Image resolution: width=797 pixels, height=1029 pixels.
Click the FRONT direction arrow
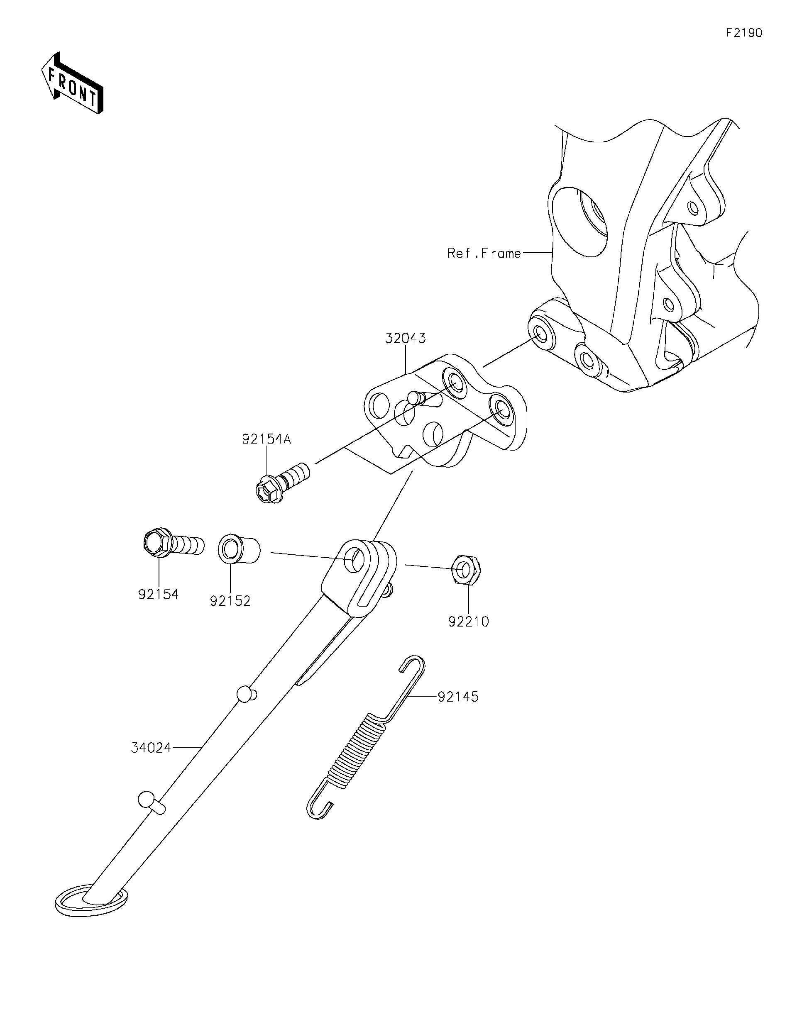(x=72, y=83)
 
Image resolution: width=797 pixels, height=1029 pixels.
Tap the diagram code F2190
(x=743, y=33)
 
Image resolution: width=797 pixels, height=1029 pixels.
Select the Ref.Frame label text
(x=484, y=254)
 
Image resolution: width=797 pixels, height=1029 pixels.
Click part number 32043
(x=405, y=338)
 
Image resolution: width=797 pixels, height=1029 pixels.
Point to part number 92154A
(x=266, y=439)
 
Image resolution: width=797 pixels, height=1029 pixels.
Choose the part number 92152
(x=230, y=601)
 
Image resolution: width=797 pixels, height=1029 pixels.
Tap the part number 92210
(x=469, y=622)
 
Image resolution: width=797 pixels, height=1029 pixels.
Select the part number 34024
(x=151, y=748)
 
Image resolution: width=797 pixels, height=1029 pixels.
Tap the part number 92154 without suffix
(x=159, y=595)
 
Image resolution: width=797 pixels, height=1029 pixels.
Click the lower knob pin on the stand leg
(x=150, y=801)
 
